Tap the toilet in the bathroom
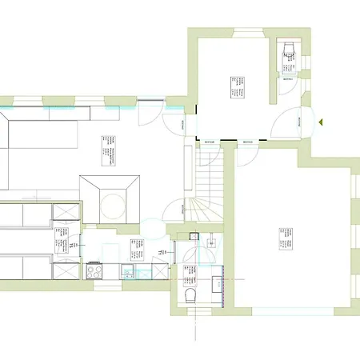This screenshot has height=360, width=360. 190,298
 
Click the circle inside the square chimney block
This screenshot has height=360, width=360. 112,200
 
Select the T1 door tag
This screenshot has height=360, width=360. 162,251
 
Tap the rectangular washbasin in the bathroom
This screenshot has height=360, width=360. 217,283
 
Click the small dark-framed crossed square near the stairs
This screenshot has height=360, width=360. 194,236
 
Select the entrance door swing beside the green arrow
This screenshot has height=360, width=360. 286,124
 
